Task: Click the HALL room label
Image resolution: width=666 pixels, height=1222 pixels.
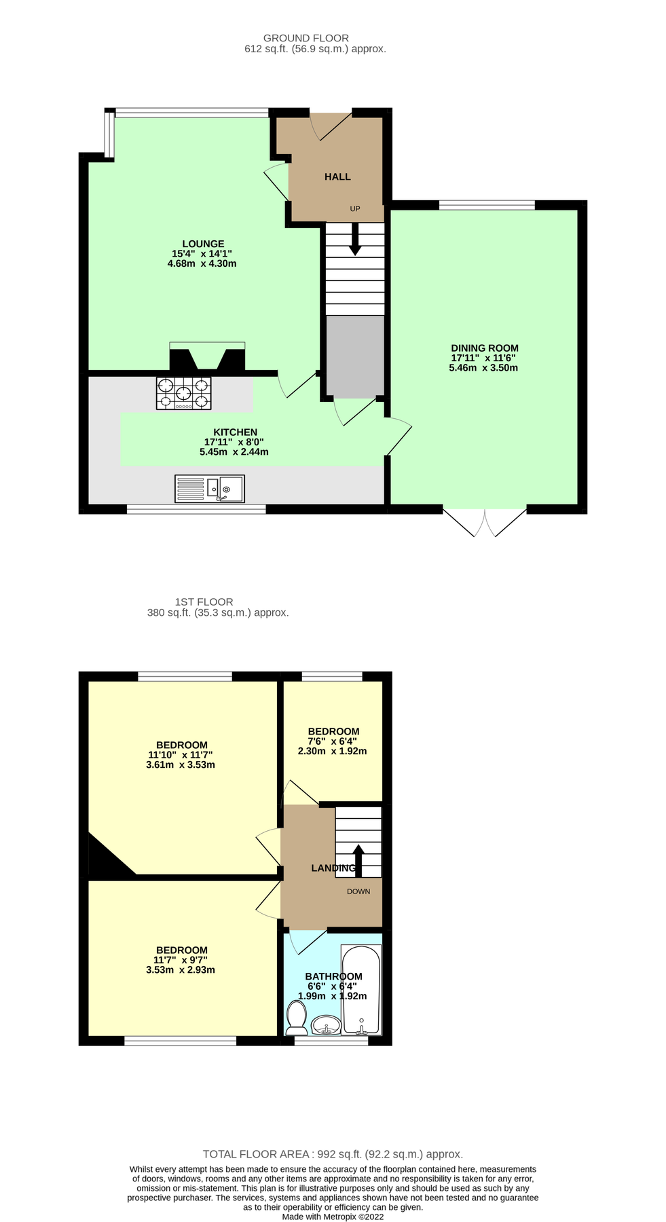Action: click(x=337, y=177)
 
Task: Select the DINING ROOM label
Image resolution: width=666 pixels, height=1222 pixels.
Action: click(x=484, y=348)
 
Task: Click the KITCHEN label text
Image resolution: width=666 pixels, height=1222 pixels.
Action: click(x=235, y=432)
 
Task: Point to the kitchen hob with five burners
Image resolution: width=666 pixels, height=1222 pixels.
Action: click(x=183, y=393)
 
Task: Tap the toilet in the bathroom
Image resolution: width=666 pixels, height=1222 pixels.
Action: click(x=296, y=1017)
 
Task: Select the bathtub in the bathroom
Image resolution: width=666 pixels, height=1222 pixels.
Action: click(x=361, y=990)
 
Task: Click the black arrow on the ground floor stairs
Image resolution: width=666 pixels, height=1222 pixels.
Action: click(x=354, y=241)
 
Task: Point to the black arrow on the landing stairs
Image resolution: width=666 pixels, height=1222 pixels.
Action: click(x=358, y=859)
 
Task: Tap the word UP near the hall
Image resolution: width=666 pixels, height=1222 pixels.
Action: click(x=355, y=209)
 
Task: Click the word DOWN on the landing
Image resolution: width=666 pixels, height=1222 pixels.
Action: click(x=358, y=891)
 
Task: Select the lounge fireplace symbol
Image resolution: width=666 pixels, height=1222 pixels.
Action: click(x=207, y=357)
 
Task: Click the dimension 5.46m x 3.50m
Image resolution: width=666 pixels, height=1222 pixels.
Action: click(x=483, y=368)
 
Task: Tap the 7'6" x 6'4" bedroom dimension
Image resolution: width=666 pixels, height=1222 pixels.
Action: click(x=332, y=741)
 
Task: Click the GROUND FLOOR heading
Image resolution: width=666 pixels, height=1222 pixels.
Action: click(x=306, y=38)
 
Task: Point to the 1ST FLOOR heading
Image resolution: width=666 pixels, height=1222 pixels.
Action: click(x=204, y=601)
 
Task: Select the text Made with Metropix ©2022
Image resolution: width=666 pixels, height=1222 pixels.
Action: click(x=333, y=1217)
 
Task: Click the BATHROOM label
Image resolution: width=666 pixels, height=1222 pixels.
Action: click(x=333, y=976)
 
